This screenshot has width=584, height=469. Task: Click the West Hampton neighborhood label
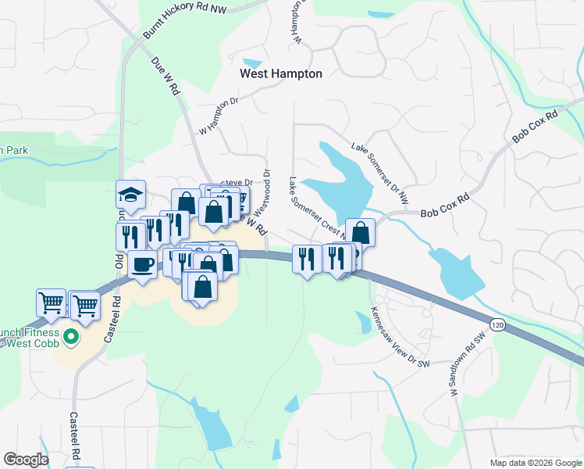(x=280, y=73)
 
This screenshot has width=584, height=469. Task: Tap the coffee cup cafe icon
(x=143, y=264)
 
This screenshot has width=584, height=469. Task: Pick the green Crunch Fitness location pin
(x=70, y=338)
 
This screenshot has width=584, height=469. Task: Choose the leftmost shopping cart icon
(x=51, y=303)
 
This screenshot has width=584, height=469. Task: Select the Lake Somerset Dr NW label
(x=380, y=174)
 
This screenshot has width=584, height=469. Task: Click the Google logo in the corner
(x=26, y=460)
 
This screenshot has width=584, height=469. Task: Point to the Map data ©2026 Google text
(x=536, y=463)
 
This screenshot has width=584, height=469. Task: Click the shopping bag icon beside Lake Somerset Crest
(x=360, y=232)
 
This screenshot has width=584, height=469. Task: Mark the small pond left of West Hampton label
(x=253, y=63)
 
